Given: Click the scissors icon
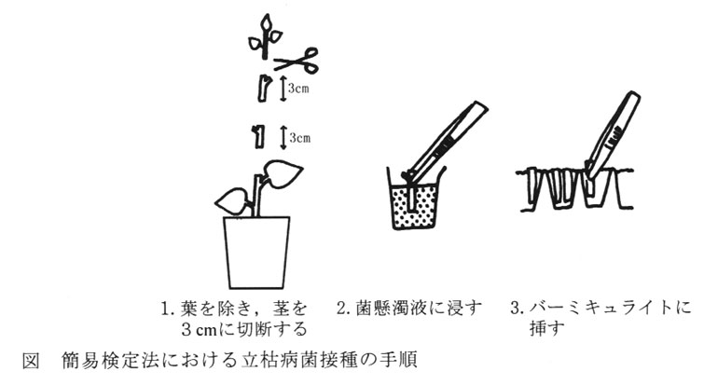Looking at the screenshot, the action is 297,62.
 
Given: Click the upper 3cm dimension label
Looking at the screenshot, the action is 298,89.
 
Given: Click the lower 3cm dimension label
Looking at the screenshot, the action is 300,137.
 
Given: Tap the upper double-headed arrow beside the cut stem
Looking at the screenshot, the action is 283,89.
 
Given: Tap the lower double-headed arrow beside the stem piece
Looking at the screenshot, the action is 283,137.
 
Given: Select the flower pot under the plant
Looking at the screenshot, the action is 256,253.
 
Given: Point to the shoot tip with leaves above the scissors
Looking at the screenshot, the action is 265,36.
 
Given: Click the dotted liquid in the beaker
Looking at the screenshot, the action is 415,207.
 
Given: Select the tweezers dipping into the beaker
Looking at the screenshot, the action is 442,141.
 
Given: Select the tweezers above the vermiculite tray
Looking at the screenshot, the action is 612,136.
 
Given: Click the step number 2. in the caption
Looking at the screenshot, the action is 344,309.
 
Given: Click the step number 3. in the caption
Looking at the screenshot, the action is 518,309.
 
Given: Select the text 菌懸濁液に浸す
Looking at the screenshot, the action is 419,309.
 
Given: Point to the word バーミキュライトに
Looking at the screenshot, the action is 610,308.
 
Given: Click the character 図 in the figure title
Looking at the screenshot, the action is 30,361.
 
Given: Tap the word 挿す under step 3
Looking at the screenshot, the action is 545,329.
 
